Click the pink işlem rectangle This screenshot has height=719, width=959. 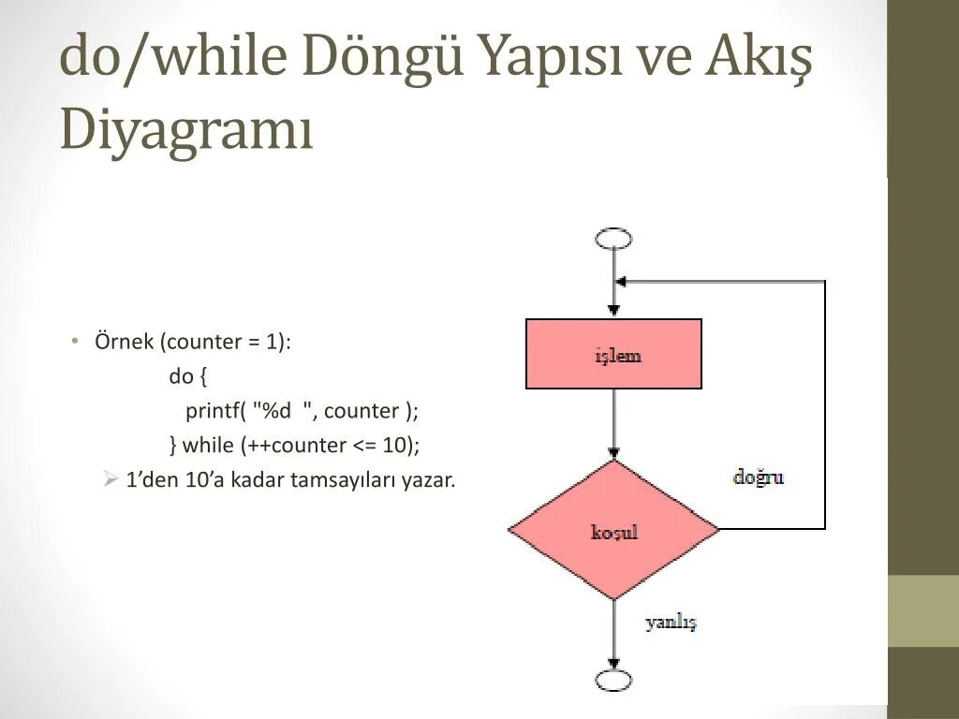pyautogui.click(x=613, y=354)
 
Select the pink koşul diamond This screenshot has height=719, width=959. pyautogui.click(x=613, y=530)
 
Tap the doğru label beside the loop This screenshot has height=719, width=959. pyautogui.click(x=758, y=477)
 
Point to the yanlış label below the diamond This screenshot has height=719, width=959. pyautogui.click(x=671, y=623)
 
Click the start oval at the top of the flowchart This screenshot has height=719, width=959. pyautogui.click(x=613, y=239)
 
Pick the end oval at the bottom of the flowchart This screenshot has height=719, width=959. pyautogui.click(x=613, y=681)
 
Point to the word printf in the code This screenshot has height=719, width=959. pyautogui.click(x=213, y=411)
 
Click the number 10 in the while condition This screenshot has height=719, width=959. pyautogui.click(x=396, y=446)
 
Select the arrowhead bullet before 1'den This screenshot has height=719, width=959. pyautogui.click(x=109, y=480)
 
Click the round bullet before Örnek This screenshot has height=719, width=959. pyautogui.click(x=75, y=341)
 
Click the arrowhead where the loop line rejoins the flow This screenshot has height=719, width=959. pyautogui.click(x=621, y=281)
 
